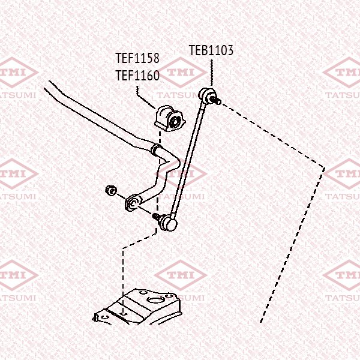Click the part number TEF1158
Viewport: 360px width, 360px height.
(x=137, y=58)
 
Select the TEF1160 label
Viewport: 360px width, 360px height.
(x=137, y=76)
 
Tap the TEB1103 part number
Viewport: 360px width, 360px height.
(x=211, y=50)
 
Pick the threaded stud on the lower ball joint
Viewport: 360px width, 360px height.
(x=158, y=217)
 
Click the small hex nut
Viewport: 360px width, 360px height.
(x=110, y=190)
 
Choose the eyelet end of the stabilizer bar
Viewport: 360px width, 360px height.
(x=133, y=200)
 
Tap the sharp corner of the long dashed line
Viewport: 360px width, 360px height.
(x=325, y=167)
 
